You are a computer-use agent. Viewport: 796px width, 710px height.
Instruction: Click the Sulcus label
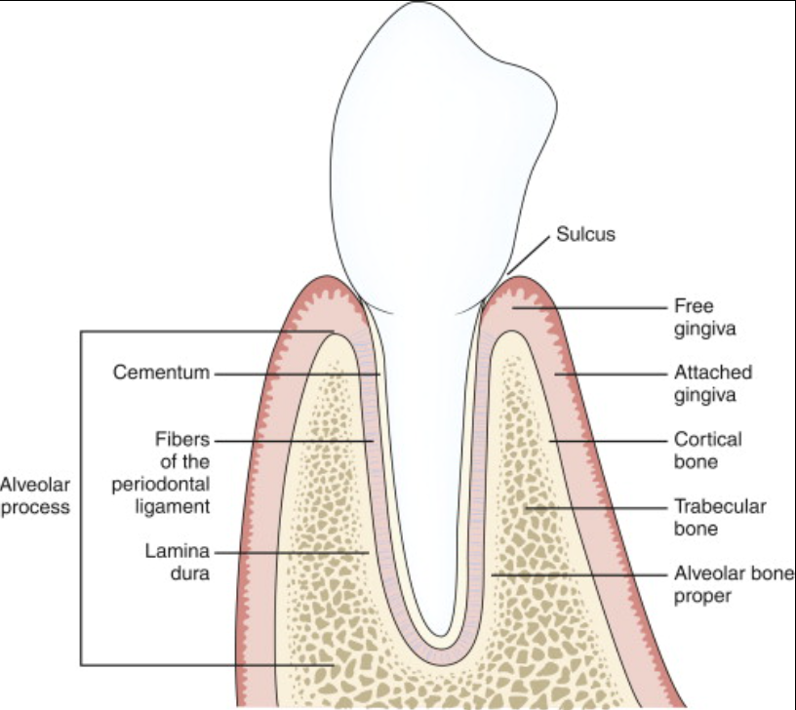coord(585,234)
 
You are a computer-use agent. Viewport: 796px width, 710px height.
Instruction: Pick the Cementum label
coord(161,373)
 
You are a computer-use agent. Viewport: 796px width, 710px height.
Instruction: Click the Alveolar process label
coord(35,495)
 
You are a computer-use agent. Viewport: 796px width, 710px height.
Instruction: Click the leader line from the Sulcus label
coord(528,254)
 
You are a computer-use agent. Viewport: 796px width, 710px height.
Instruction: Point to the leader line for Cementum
coord(293,373)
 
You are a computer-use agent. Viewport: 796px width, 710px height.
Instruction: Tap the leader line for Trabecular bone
coord(595,507)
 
